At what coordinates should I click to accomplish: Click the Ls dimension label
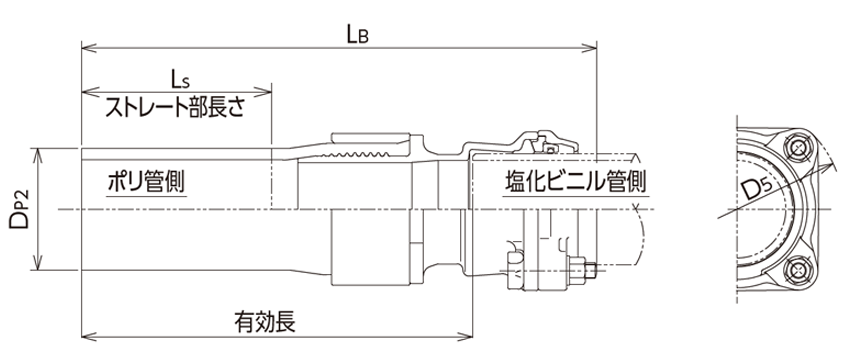click(178, 78)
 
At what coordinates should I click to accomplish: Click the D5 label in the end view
click(757, 188)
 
